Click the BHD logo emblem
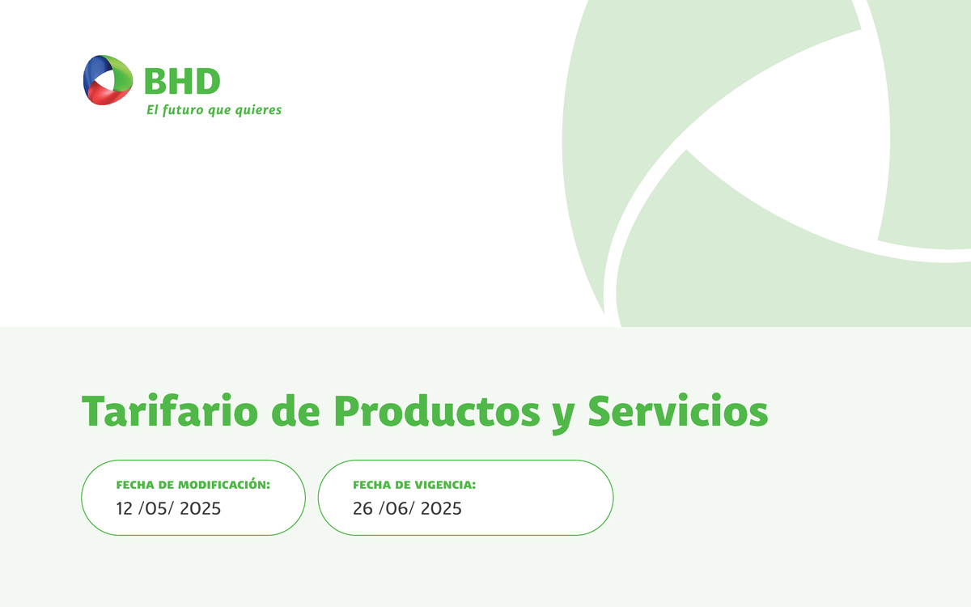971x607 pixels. pos(108,79)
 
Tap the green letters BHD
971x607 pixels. pos(182,81)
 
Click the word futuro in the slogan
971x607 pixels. pos(182,110)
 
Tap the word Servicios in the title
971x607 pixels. pos(677,411)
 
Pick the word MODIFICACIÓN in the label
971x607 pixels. pos(224,485)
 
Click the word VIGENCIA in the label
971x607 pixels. pos(445,485)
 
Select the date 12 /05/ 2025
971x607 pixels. pos(168,509)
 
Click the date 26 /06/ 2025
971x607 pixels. pos(407,509)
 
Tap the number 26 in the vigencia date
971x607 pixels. pos(363,509)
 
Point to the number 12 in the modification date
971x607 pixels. pos(125,509)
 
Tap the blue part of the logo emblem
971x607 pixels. pos(91,73)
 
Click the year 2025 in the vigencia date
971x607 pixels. pos(441,509)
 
